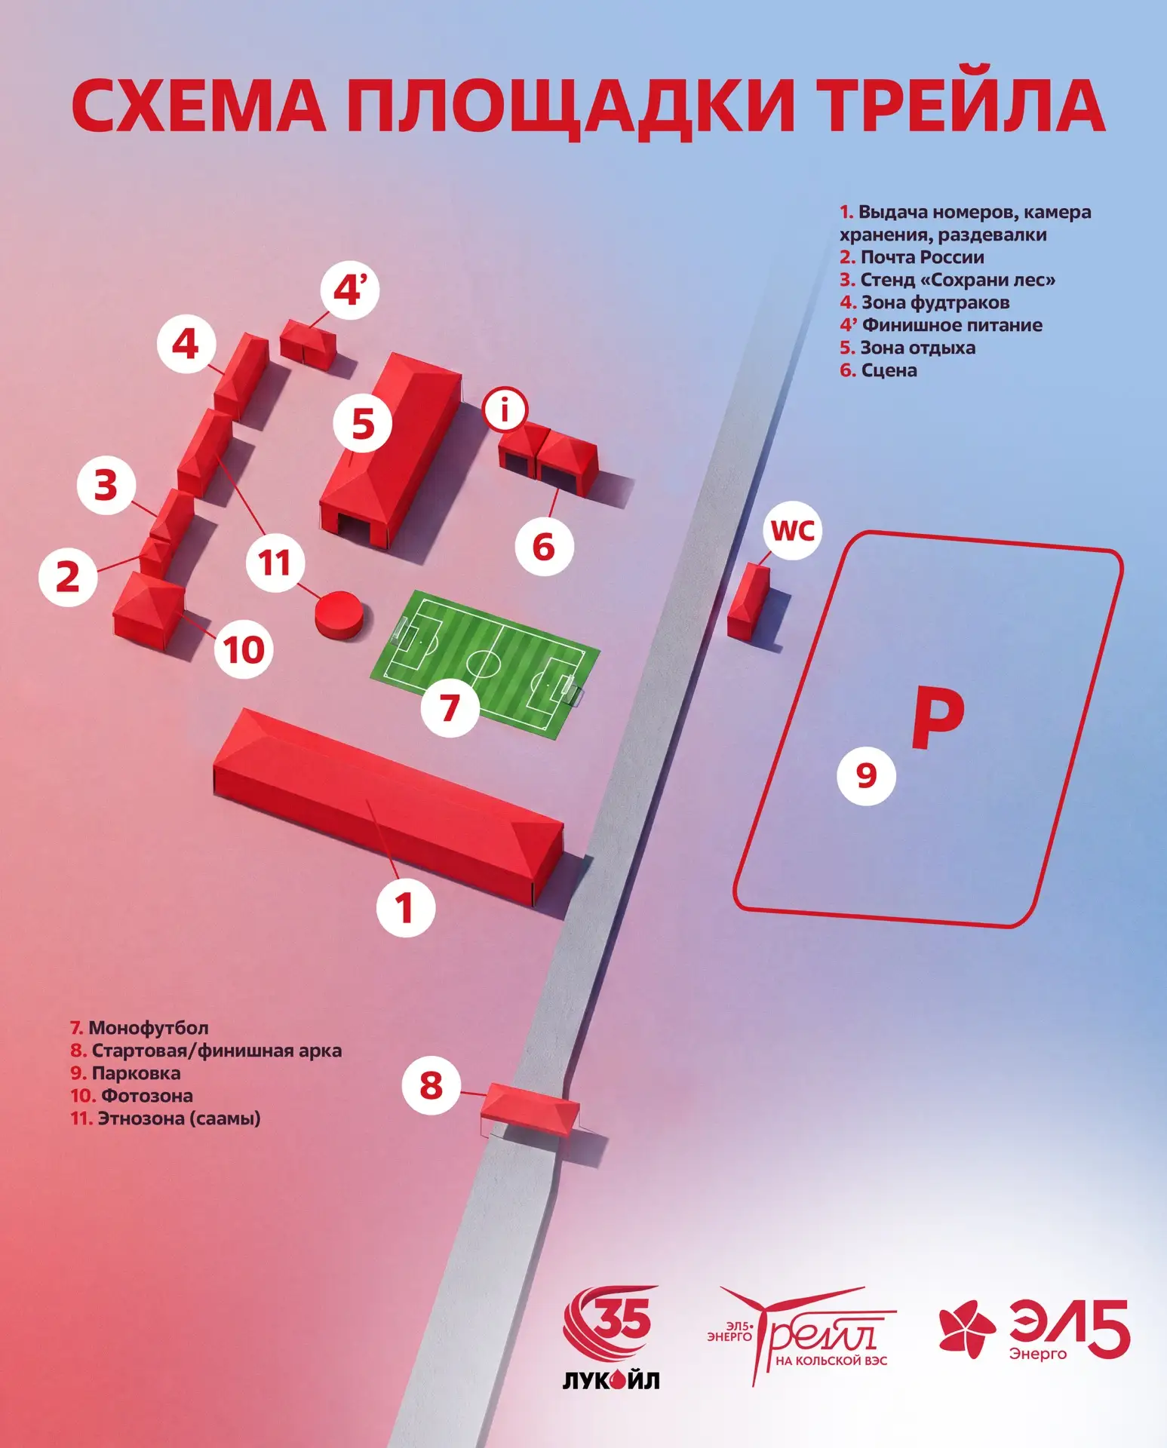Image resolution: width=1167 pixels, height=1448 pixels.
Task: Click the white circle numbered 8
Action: pos(431,1084)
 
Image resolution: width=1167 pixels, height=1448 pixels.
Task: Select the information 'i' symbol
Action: pos(505,410)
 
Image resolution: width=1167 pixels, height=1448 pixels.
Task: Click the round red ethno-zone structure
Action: pos(343,615)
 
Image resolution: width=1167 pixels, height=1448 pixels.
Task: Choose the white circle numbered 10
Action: pos(244,648)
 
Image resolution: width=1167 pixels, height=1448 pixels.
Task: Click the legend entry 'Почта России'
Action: pos(912,257)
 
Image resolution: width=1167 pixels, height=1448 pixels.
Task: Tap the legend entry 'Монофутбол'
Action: pos(140,1027)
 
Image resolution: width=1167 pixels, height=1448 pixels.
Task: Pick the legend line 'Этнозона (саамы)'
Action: pos(165,1118)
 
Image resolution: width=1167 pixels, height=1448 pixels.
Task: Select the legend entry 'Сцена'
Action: pos(879,370)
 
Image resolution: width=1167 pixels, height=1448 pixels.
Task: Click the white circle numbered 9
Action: pos(866,775)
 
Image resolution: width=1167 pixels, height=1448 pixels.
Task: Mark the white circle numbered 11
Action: pos(275,562)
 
